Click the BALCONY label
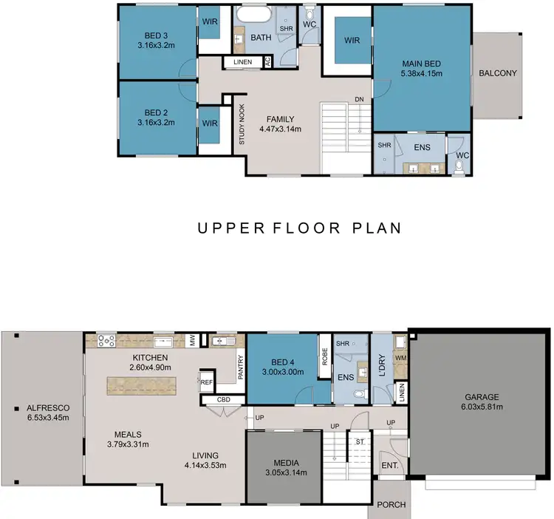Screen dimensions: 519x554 tap(497, 73)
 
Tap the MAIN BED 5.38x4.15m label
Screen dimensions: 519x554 tap(421, 68)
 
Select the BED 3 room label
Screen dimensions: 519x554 tap(156, 39)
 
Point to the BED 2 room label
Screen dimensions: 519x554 tap(156, 117)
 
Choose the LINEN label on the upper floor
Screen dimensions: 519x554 tap(242, 63)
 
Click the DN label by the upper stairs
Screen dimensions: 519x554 tap(359, 99)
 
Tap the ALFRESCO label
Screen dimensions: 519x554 tap(42, 413)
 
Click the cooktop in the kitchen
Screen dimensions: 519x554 tap(106, 342)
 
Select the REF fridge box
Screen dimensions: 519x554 tap(207, 382)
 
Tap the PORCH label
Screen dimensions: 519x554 tap(391, 505)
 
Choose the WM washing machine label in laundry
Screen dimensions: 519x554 tap(400, 359)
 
